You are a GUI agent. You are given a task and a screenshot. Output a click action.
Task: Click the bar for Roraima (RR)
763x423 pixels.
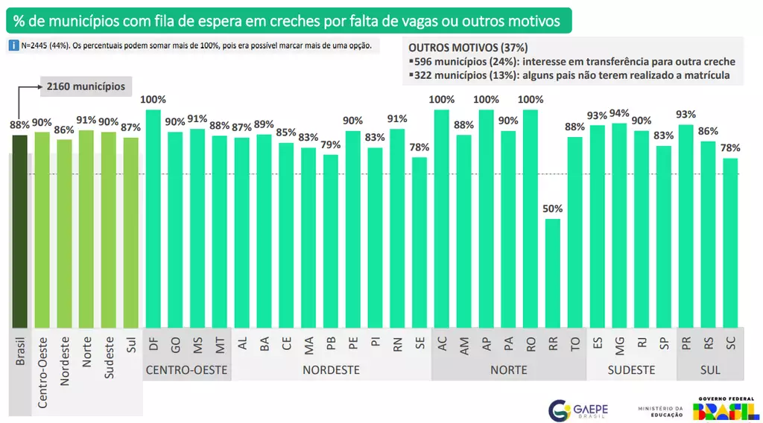[x=552, y=273]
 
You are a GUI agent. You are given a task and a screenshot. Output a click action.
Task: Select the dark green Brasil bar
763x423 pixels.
[x=19, y=231]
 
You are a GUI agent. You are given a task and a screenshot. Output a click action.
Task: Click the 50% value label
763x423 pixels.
[x=552, y=209]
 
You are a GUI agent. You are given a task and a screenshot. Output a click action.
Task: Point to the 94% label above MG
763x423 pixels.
[x=619, y=113]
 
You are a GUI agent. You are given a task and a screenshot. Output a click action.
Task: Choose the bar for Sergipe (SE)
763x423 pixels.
[x=420, y=242]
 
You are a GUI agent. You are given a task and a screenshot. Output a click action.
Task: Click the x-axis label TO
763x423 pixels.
[x=574, y=343]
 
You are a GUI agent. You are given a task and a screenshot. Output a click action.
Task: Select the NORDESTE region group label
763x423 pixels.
[x=331, y=370]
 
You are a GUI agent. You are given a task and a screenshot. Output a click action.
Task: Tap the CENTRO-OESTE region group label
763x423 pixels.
[x=186, y=370]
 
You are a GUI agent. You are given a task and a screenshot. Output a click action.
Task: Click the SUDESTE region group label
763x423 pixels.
[x=630, y=370]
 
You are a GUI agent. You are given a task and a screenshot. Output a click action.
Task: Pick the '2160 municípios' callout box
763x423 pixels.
[x=86, y=86]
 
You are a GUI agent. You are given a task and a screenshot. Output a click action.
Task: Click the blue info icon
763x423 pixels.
[x=13, y=45]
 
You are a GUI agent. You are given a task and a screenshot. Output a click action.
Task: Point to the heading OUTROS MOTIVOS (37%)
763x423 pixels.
[x=468, y=47]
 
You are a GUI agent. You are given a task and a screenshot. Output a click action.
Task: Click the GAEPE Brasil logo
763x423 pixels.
[x=577, y=410]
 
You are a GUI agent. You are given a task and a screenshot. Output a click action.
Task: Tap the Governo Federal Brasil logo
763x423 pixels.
[x=722, y=408]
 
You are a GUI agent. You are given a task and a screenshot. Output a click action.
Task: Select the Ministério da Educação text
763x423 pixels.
[x=660, y=411]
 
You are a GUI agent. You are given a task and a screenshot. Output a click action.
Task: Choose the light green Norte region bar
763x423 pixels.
[x=86, y=229]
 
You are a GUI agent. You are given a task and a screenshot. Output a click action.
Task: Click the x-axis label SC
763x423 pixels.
[x=730, y=343]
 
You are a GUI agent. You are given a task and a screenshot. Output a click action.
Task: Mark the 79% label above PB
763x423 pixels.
[x=331, y=144]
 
